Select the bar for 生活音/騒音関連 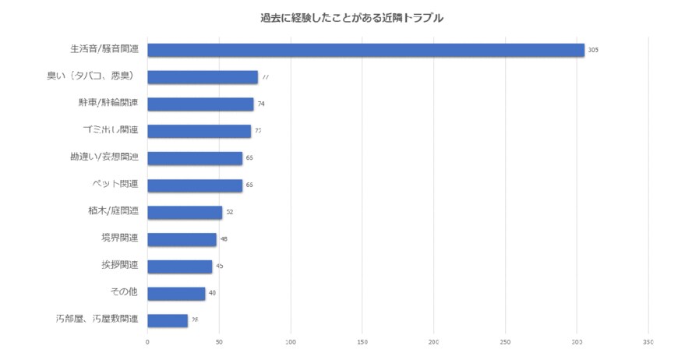click(x=365, y=50)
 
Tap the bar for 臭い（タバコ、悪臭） click(x=203, y=77)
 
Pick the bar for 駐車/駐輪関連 click(x=200, y=104)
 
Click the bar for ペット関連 click(x=195, y=185)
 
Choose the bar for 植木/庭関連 click(x=185, y=212)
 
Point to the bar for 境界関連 click(x=182, y=239)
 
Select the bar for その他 click(x=176, y=293)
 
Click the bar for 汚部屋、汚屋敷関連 click(x=168, y=320)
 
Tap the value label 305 click(x=593, y=50)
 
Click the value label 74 click(x=262, y=104)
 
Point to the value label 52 click(x=230, y=212)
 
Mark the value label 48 click(x=224, y=239)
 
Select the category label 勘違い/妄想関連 click(x=104, y=157)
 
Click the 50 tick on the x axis click(x=219, y=341)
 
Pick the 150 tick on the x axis click(x=362, y=341)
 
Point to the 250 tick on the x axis click(x=506, y=341)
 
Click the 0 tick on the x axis click(x=147, y=341)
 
